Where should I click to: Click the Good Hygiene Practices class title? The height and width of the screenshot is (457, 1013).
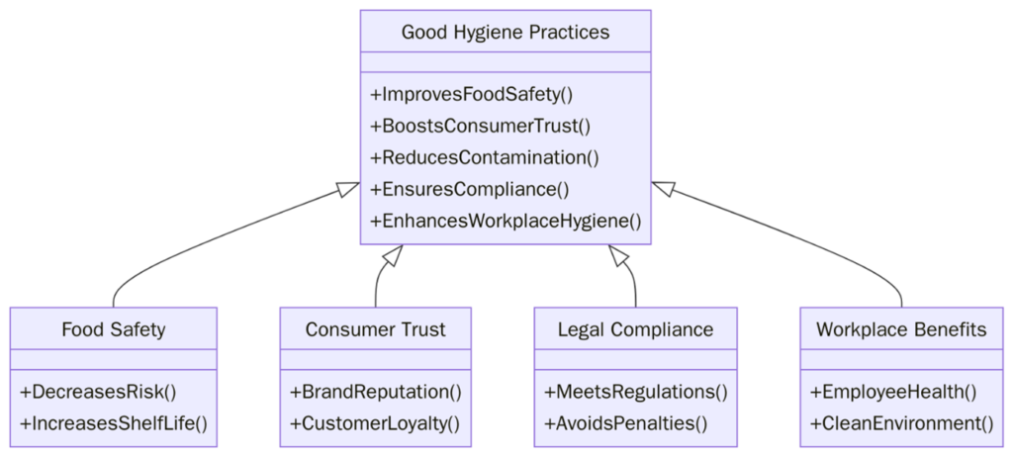[506, 33]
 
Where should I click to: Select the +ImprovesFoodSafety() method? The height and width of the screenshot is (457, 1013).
[472, 96]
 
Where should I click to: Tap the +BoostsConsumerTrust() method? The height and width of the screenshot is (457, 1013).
[480, 127]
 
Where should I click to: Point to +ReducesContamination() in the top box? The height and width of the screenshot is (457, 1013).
[485, 158]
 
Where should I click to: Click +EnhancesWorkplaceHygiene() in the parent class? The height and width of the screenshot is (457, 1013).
[506, 221]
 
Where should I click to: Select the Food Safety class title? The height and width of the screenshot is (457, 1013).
[114, 329]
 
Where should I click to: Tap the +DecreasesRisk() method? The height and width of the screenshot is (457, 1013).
[97, 392]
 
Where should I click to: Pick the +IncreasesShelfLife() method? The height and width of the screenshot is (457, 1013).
[114, 423]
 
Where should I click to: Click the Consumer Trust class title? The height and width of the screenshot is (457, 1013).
[375, 329]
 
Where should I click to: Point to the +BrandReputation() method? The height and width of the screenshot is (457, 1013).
[375, 392]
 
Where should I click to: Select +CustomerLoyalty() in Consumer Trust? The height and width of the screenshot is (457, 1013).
[375, 423]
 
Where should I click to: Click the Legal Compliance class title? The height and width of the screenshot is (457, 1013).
[635, 329]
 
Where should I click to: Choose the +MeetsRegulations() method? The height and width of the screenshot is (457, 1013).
[635, 392]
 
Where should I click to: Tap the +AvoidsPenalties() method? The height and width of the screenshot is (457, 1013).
[625, 423]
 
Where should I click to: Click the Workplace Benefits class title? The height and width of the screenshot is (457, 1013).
[901, 329]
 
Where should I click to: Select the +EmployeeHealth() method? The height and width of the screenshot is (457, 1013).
[893, 392]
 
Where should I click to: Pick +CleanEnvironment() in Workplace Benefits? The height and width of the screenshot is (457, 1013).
[901, 423]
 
